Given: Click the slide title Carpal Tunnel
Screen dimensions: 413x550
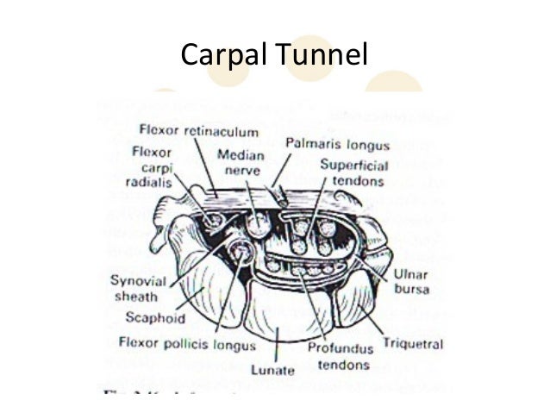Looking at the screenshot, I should click(x=274, y=56).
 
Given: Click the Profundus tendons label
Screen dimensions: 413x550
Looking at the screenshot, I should click(x=342, y=356).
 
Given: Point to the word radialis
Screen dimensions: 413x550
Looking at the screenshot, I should click(x=152, y=182).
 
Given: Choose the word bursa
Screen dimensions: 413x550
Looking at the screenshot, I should click(x=412, y=289).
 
